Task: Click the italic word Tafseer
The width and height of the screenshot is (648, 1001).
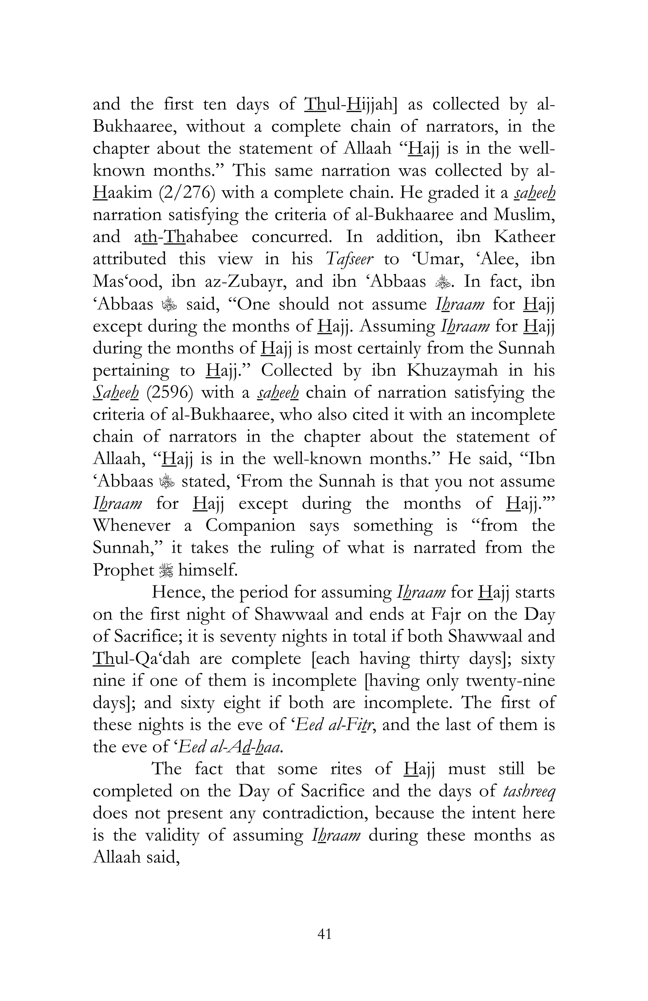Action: click(349, 259)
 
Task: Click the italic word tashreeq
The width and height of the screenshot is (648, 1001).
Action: click(529, 791)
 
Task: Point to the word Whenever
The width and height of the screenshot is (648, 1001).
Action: click(131, 525)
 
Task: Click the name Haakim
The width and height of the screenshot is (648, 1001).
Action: click(122, 193)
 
